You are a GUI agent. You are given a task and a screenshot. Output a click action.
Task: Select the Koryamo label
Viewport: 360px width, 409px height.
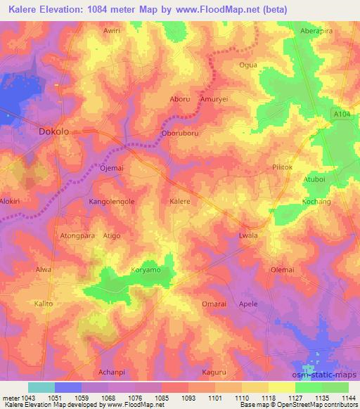click(x=146, y=269)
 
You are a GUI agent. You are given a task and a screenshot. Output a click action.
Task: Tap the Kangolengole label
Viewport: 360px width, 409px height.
click(x=111, y=202)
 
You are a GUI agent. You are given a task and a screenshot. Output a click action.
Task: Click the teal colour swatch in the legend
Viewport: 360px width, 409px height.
click(x=41, y=387)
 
